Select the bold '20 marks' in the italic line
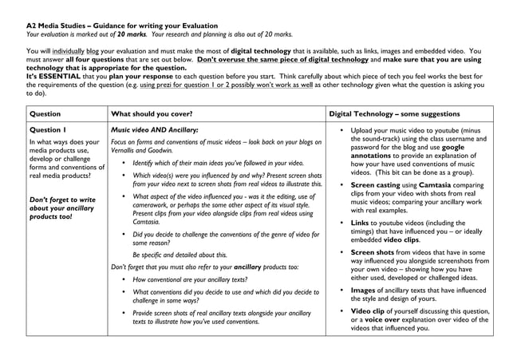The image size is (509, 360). tap(131, 34)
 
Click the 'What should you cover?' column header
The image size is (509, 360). tap(151, 114)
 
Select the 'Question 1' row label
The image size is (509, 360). tap(48, 129)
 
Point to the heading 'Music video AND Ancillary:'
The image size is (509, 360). tap(155, 129)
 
